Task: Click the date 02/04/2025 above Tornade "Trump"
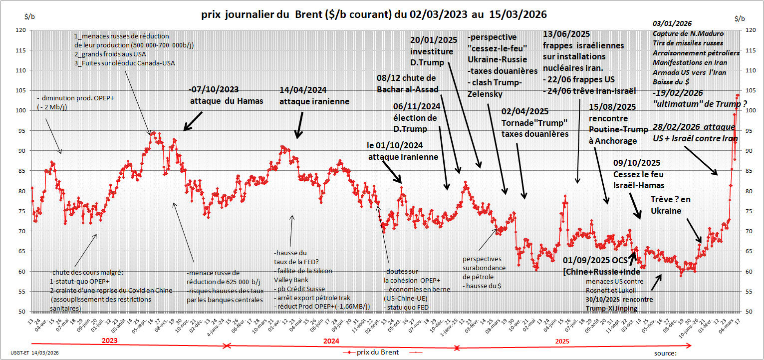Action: pos(525,111)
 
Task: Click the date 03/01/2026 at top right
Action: pos(672,24)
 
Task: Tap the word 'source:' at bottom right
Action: pos(666,353)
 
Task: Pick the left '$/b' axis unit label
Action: pos(29,17)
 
